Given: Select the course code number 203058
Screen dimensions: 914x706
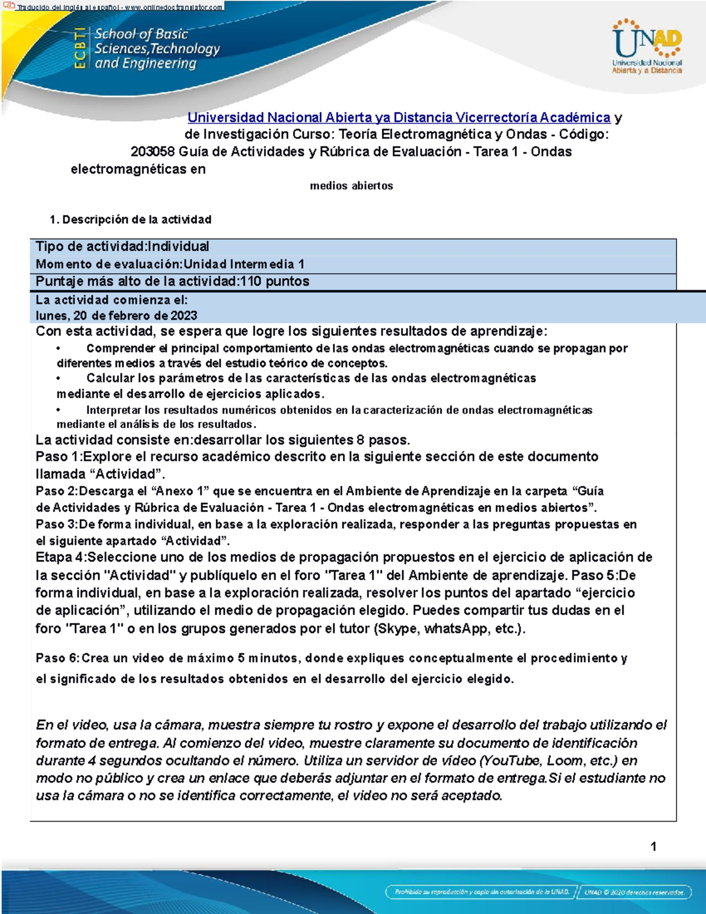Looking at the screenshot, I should point(152,152).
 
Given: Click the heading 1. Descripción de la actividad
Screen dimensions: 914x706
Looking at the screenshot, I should point(131,220).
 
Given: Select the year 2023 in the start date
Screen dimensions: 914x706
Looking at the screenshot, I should point(184,315).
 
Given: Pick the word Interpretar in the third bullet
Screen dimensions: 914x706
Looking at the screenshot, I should point(114,410).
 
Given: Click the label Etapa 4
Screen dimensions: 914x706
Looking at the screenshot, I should point(59,557).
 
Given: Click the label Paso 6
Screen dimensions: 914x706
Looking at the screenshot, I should point(56,658).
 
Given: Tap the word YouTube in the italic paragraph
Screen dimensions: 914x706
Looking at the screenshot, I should point(510,760).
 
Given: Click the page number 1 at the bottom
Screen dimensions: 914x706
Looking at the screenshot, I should point(653,846).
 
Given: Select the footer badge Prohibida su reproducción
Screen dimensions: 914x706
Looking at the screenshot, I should point(482,892).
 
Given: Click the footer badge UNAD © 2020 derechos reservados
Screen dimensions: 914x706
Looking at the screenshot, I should point(634,892).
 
